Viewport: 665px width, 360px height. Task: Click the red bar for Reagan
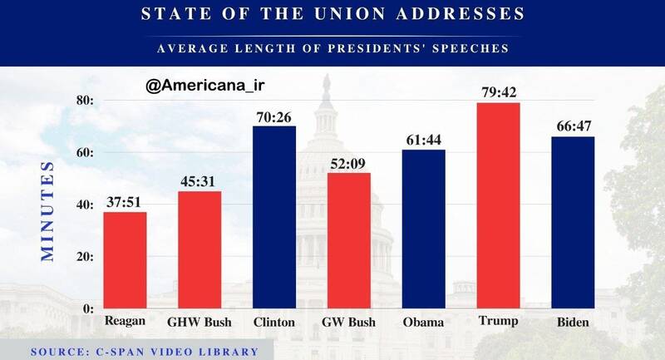pyautogui.click(x=125, y=259)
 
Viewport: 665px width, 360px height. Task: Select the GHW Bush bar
pyautogui.click(x=199, y=249)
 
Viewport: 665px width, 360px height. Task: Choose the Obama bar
pyautogui.click(x=423, y=229)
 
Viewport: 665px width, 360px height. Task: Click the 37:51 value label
pyautogui.click(x=125, y=201)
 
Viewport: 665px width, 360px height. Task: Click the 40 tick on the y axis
pyautogui.click(x=84, y=205)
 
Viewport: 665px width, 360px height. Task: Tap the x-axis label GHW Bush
pyautogui.click(x=199, y=322)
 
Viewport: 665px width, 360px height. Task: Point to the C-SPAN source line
pyautogui.click(x=145, y=352)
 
